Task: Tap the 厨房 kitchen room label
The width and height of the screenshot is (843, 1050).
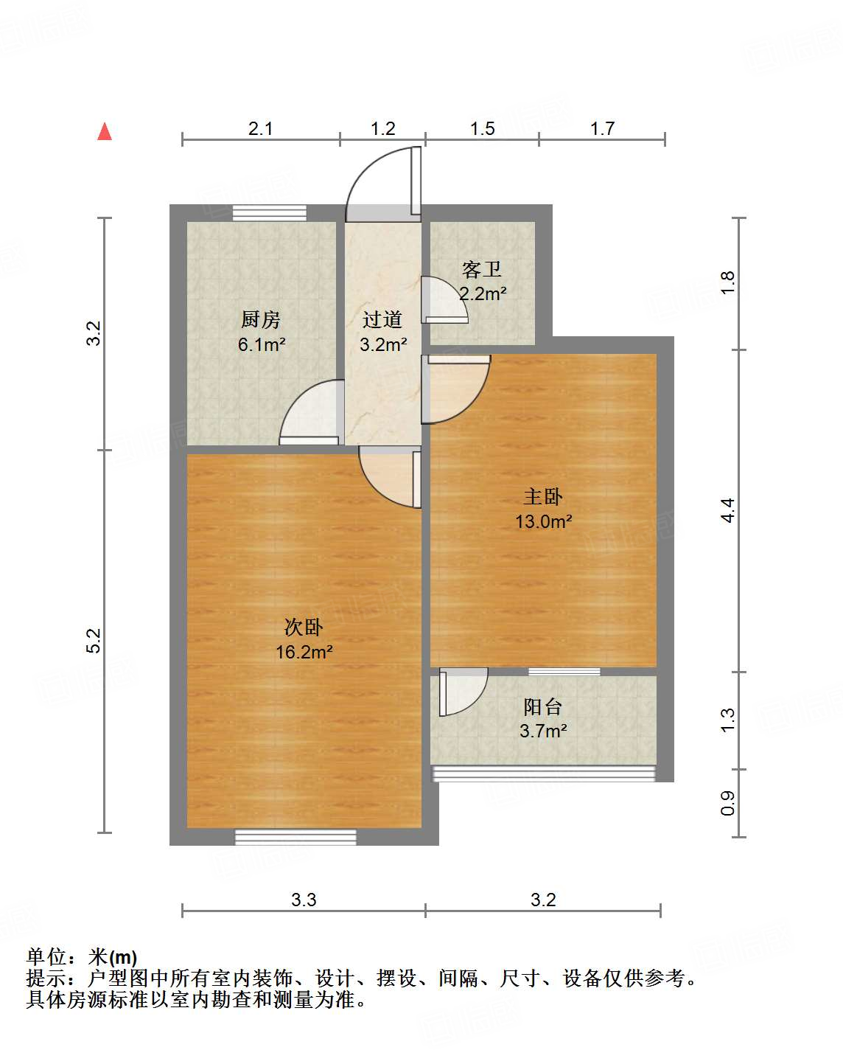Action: (261, 320)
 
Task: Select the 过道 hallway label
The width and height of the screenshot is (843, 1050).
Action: (382, 320)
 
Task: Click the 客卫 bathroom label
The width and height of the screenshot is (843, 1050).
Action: (482, 270)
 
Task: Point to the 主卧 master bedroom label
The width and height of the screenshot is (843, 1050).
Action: (543, 497)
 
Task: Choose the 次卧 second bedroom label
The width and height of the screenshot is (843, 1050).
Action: (304, 627)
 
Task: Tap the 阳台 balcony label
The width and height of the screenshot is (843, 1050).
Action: (543, 707)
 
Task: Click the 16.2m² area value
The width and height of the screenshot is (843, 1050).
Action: (304, 652)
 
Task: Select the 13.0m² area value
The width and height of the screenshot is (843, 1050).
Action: (543, 521)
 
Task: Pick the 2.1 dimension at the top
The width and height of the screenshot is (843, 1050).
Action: (260, 129)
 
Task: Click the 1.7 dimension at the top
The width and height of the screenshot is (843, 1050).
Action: (601, 129)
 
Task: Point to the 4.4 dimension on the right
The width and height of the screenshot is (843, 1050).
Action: (727, 510)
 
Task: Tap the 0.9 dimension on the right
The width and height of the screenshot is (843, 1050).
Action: (727, 802)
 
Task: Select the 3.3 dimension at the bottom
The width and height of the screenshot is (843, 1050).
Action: (304, 900)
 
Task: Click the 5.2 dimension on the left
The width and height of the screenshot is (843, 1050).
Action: (94, 640)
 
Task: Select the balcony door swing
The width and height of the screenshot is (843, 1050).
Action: (462, 691)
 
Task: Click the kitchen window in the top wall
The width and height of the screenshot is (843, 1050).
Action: (269, 213)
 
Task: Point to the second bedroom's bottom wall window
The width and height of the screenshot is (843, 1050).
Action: (295, 837)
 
